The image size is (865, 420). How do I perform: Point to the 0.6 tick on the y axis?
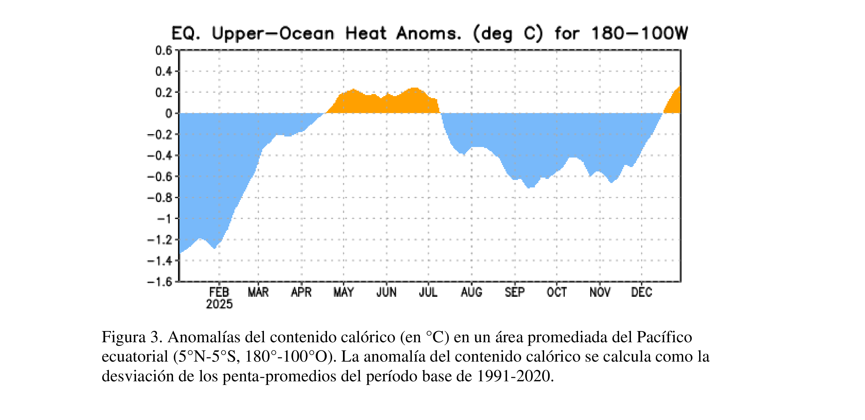(164, 51)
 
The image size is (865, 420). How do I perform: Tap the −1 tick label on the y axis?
(165, 219)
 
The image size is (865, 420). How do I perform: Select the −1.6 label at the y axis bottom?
(160, 282)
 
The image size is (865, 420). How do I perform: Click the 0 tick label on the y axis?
(169, 113)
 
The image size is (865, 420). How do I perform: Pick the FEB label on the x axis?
(219, 292)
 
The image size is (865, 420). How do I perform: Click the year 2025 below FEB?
(219, 304)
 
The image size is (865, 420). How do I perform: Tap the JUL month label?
(428, 292)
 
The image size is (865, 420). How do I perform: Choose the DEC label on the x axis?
(641, 292)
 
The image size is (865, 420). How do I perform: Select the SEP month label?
(515, 292)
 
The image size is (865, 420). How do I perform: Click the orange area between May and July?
(383, 104)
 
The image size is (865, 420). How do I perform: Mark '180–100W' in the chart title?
(639, 34)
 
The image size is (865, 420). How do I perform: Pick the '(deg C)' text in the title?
(507, 34)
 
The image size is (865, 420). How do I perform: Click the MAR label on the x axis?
(258, 292)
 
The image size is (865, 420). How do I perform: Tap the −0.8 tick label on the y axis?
(160, 198)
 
